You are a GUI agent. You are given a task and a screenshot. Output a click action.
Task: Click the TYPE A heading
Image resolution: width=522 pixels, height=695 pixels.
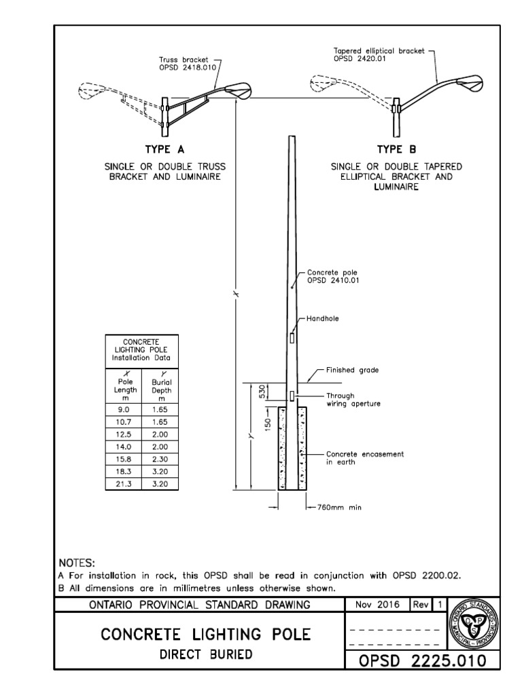pyautogui.click(x=164, y=149)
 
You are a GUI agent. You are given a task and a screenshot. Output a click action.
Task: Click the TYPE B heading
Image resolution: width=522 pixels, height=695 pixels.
pyautogui.click(x=396, y=149)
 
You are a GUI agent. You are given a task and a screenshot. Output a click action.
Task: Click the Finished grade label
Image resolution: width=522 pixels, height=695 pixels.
pyautogui.click(x=352, y=370)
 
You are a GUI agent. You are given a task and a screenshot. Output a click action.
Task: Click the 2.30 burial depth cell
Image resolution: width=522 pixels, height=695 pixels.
pyautogui.click(x=158, y=459)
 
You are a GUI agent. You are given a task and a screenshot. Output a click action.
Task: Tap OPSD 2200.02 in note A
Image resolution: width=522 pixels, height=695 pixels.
pyautogui.click(x=427, y=575)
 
